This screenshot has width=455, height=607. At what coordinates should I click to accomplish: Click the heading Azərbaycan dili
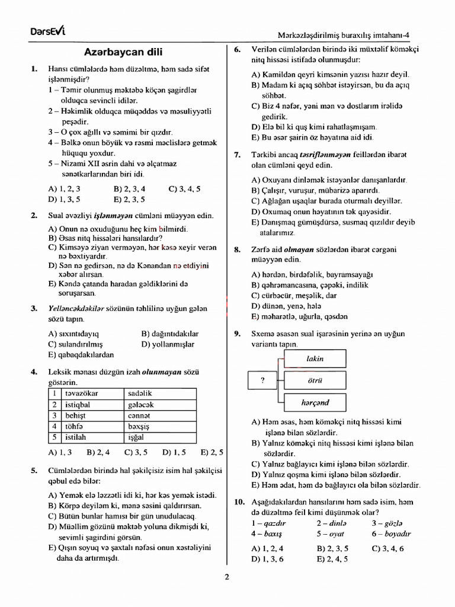123,52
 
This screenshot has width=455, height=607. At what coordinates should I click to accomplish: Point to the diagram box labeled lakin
315,359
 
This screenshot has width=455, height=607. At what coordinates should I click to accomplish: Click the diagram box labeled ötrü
315,381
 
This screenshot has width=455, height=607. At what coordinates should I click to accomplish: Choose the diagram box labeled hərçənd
315,402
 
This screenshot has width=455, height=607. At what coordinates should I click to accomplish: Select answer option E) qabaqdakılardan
81,354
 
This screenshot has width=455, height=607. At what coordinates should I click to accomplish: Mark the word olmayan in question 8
297,250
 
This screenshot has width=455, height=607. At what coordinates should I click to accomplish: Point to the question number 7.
237,155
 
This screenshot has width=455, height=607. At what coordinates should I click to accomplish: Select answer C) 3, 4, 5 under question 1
184,189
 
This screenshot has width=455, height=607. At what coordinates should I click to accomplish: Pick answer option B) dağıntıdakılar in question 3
171,334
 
